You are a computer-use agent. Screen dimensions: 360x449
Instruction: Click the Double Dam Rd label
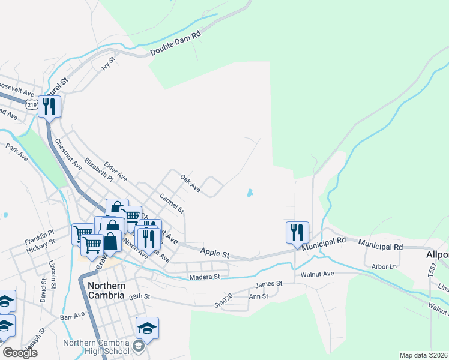[x=175, y=44]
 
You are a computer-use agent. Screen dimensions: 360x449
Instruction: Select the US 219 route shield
[x=31, y=104]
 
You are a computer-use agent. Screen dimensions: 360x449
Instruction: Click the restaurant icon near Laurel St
[x=49, y=107]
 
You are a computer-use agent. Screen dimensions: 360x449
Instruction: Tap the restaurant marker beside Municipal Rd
[x=297, y=232]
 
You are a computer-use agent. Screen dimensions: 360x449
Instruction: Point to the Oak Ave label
[x=190, y=182]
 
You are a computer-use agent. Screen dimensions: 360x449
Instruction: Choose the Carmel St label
[x=172, y=203]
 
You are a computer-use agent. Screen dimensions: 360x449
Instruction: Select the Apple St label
[x=215, y=254]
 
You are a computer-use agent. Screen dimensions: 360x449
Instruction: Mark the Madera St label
[x=205, y=277]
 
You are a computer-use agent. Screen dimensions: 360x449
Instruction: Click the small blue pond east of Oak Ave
[x=249, y=193]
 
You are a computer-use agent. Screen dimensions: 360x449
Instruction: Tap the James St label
[x=268, y=283]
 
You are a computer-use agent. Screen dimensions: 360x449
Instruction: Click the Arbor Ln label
[x=385, y=266]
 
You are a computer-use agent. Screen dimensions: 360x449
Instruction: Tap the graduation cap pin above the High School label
[x=147, y=327]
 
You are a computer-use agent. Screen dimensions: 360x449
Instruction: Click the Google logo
[x=20, y=353]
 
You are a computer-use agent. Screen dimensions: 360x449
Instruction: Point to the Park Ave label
[x=17, y=151]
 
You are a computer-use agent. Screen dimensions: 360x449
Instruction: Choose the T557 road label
[x=432, y=269]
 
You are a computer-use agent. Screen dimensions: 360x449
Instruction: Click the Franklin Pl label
[x=40, y=232]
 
